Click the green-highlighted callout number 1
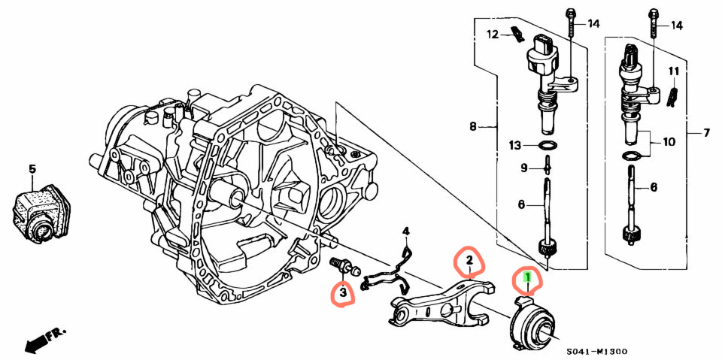click(x=528, y=277)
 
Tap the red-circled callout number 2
click(x=469, y=260)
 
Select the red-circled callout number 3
click(x=343, y=292)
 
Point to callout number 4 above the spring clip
click(x=405, y=231)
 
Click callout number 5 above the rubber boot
click(x=32, y=169)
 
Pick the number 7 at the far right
click(x=706, y=134)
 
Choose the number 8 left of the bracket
click(x=472, y=126)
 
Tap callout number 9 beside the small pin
click(x=524, y=168)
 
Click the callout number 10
click(x=668, y=141)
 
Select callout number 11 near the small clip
click(x=674, y=71)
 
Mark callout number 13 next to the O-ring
click(x=514, y=146)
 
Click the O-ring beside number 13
click(x=546, y=146)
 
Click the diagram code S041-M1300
click(x=596, y=352)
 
